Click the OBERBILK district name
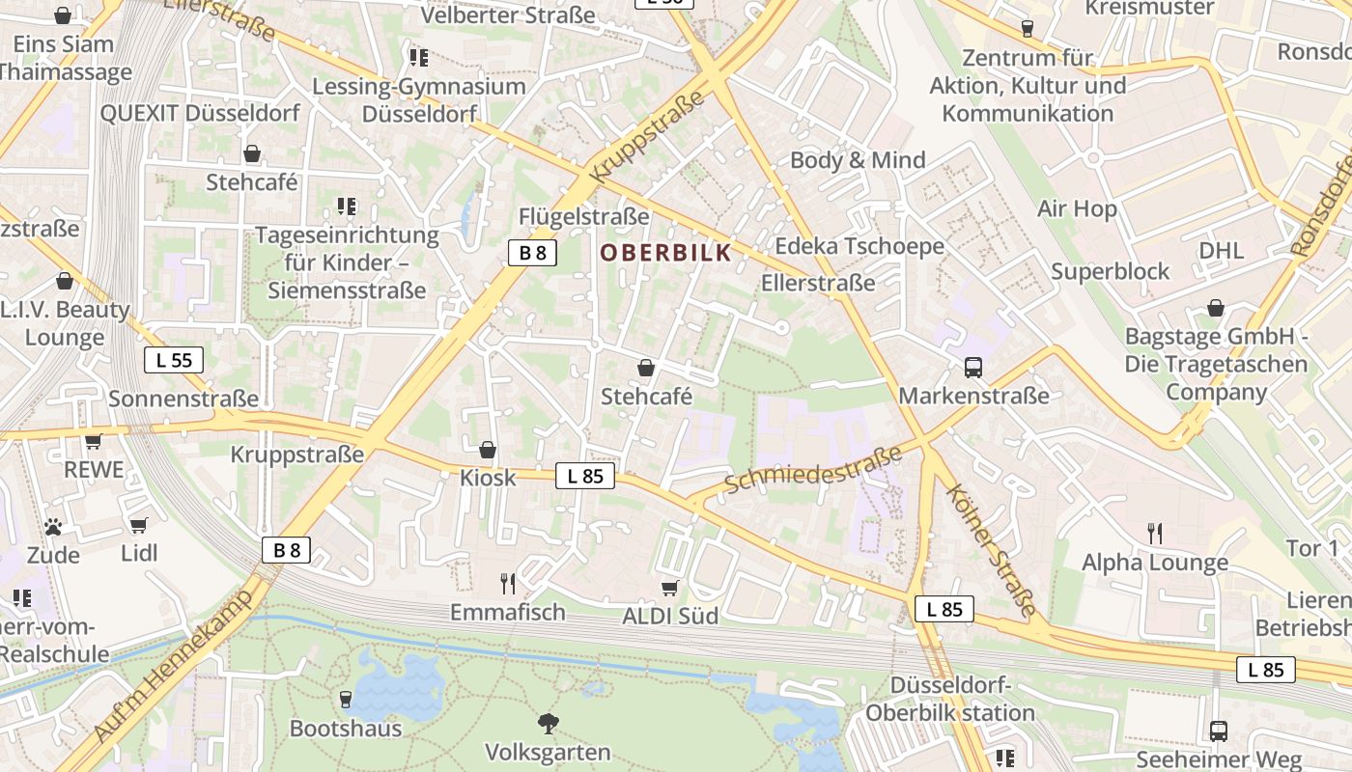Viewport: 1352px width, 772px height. tap(665, 253)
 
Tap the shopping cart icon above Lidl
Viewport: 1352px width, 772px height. tap(139, 525)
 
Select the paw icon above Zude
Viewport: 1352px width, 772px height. tap(53, 527)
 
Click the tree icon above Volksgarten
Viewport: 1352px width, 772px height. tap(548, 723)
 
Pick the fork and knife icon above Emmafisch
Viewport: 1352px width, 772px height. tap(508, 583)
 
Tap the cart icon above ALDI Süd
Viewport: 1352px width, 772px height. tap(669, 587)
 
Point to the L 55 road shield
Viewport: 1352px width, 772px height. tap(174, 361)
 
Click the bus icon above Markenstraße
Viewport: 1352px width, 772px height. tap(972, 368)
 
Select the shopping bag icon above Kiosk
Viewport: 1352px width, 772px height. tap(488, 450)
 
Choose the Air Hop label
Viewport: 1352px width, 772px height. tap(1077, 208)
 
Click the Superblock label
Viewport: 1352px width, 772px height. tap(1110, 271)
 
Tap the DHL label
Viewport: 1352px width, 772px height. tap(1221, 251)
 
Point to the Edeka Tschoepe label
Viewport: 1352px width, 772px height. tap(859, 246)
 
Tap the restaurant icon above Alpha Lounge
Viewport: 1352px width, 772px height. tap(1154, 533)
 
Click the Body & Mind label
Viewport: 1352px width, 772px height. tap(858, 160)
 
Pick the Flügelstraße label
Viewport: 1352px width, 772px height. tap(583, 215)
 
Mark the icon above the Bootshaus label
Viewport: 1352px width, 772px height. tap(346, 699)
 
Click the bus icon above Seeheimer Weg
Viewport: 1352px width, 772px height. tap(1219, 731)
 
